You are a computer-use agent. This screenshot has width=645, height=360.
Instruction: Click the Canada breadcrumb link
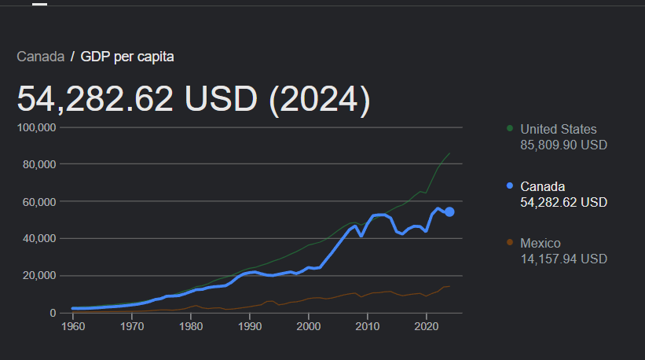[40, 57]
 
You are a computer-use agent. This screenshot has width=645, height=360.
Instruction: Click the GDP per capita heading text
[127, 57]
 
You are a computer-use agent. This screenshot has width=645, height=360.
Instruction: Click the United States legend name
[559, 129]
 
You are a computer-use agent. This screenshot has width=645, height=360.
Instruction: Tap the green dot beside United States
[510, 128]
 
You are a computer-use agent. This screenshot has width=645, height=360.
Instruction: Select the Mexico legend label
[541, 243]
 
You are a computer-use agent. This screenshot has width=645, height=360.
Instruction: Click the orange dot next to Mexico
[510, 243]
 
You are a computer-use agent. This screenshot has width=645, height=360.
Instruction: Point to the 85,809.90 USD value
[564, 145]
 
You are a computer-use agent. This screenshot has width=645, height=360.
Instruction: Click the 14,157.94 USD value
[564, 259]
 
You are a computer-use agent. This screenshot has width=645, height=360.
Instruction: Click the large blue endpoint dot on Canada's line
[449, 211]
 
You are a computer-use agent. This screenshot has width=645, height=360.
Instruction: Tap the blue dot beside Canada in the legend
[510, 186]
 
